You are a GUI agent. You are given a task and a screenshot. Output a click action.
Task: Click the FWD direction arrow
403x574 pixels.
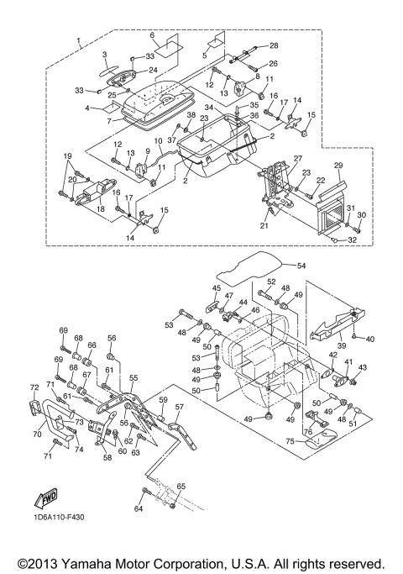[46, 498]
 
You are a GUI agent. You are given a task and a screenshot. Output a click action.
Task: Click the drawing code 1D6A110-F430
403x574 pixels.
[57, 517]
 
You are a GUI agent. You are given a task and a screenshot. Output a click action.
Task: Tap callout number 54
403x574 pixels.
[301, 266]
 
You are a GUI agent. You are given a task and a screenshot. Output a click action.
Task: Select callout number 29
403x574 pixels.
[338, 165]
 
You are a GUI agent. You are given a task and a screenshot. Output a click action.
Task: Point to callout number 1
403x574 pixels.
[79, 39]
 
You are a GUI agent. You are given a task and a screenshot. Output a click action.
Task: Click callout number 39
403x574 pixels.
[341, 345]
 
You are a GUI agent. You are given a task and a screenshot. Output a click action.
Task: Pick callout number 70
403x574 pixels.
[37, 434]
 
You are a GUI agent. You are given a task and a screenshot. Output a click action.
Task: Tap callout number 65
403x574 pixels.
[181, 486]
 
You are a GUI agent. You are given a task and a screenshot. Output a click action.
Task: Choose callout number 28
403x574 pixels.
[274, 45]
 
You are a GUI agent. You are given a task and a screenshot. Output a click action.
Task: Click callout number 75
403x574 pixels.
[290, 441]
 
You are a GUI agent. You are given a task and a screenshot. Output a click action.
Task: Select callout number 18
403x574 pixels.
[100, 208]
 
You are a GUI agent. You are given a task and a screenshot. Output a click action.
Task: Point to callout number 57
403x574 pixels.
[179, 407]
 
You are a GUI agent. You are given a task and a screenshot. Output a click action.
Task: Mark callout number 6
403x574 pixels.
[153, 35]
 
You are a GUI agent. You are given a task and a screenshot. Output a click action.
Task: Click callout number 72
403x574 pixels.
[34, 387]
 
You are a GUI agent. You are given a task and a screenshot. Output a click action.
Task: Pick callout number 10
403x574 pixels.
[158, 140]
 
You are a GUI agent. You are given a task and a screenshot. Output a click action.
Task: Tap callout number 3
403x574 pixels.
[105, 55]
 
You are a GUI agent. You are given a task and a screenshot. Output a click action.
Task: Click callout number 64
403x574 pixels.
[139, 508]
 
